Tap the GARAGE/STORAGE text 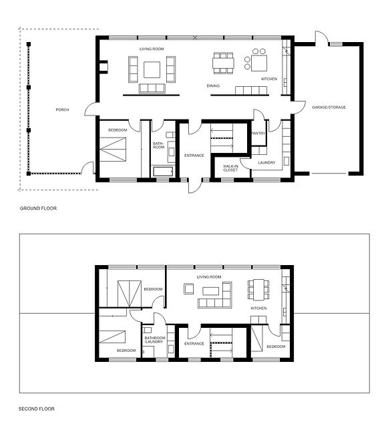tap(329, 107)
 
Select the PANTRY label tap(258, 134)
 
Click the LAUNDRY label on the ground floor tap(266, 161)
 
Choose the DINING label tap(213, 86)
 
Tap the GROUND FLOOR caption tap(39, 209)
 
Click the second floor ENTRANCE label tap(194, 343)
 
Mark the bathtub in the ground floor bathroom tap(163, 172)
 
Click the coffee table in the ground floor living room tap(152, 69)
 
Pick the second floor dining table tap(258, 290)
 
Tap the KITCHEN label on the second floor tap(258, 308)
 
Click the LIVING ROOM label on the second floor tap(208, 276)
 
